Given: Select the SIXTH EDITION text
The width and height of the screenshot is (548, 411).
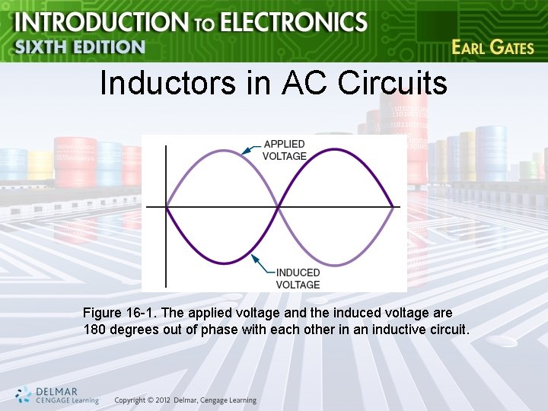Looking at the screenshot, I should [x=79, y=47].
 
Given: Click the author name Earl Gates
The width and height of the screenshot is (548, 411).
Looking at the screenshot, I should [x=492, y=47].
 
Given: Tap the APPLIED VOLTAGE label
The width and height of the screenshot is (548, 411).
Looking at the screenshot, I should [x=284, y=150].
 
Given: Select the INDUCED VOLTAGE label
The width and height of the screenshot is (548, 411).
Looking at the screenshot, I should [x=298, y=279].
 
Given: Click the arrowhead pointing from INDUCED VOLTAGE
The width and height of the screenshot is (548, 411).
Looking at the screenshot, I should [x=254, y=262].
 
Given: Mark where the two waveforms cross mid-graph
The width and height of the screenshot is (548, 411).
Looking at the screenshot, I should [x=279, y=206].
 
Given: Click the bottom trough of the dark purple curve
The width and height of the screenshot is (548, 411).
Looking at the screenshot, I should [x=222, y=263].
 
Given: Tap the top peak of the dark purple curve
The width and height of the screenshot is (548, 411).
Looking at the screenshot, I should [x=336, y=149].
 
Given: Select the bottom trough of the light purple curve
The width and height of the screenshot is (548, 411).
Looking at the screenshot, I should [x=336, y=263].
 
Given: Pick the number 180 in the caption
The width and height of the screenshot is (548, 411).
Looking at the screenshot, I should [x=94, y=330].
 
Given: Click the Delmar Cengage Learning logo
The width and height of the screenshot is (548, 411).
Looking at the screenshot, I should [x=56, y=395].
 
